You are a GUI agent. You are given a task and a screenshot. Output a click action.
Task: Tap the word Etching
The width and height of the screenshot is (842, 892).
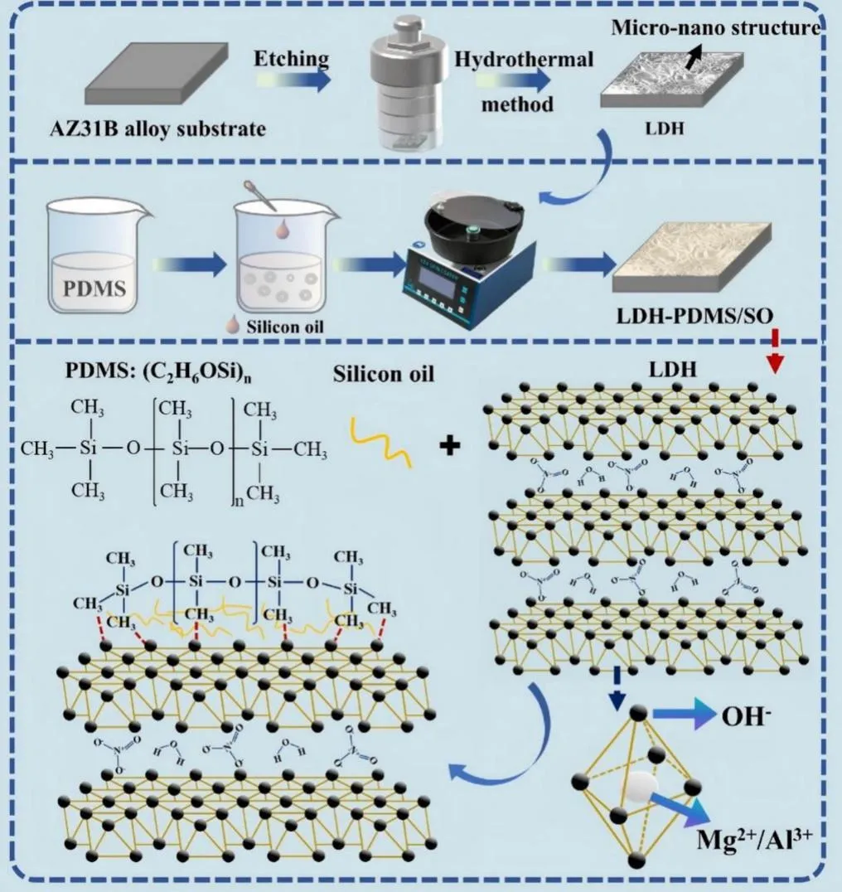click(x=291, y=60)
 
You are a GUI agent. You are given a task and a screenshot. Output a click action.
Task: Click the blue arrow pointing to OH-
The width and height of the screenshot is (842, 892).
click(x=683, y=712)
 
